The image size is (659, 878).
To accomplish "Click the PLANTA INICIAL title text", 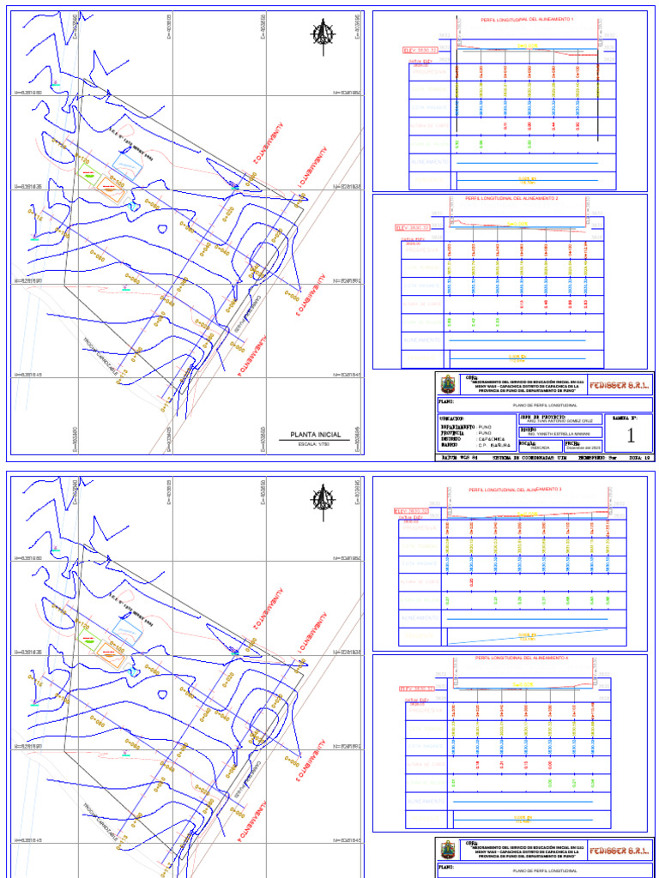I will pyautogui.click(x=316, y=434).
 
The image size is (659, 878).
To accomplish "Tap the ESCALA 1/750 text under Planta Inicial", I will pyautogui.click(x=315, y=445).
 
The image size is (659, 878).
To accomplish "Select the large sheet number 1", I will pyautogui.click(x=631, y=436).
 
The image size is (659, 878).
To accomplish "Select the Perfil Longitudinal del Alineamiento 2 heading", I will pyautogui.click(x=511, y=198).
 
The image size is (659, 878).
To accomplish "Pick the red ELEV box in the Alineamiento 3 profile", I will pyautogui.click(x=411, y=512).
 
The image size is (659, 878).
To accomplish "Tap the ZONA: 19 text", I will pyautogui.click(x=639, y=459).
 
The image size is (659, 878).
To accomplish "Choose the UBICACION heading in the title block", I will pyautogui.click(x=456, y=418).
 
